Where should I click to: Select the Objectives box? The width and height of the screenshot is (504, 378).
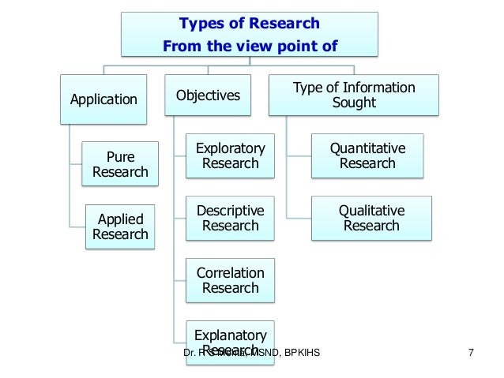coord(208,95)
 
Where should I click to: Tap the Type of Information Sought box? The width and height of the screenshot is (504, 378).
coord(355,95)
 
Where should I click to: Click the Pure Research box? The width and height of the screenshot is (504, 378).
coord(120,163)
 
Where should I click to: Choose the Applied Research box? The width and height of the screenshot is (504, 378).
coord(120,226)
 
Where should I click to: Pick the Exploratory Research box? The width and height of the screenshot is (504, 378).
coord(231,155)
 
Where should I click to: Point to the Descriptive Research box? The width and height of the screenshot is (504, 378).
coord(231,218)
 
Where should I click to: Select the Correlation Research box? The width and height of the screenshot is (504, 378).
coord(231,280)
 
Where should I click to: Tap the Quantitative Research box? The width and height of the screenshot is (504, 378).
coord(367,155)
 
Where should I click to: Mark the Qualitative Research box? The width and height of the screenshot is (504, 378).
coord(367,218)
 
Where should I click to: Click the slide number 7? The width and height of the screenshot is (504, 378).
coord(472,351)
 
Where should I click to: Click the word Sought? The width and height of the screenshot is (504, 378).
coord(355,103)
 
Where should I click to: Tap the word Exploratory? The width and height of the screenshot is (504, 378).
coord(231,148)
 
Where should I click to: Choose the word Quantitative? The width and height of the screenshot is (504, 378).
coord(367,148)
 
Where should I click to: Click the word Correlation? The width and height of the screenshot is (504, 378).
coord(231,273)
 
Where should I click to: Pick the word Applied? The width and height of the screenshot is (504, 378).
coord(120,219)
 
